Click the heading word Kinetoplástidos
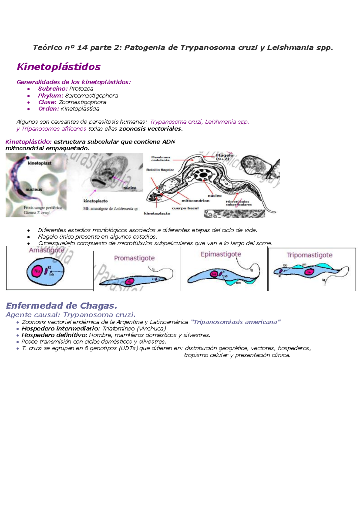click(58, 67)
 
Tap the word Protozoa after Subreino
click(81, 89)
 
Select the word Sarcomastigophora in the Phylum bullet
click(91, 96)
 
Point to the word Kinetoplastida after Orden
click(80, 109)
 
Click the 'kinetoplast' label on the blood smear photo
click(39, 163)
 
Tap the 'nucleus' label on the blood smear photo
click(34, 190)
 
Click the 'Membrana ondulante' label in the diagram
click(160, 158)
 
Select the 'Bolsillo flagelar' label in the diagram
click(160, 170)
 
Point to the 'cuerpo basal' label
click(185, 208)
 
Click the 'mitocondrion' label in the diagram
click(195, 201)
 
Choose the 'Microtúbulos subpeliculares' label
click(238, 203)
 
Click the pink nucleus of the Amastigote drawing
click(37, 271)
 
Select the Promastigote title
click(134, 258)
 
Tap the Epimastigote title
click(221, 254)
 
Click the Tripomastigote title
click(309, 255)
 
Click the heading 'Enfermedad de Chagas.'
click(61, 306)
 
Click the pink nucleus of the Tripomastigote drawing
click(309, 272)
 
